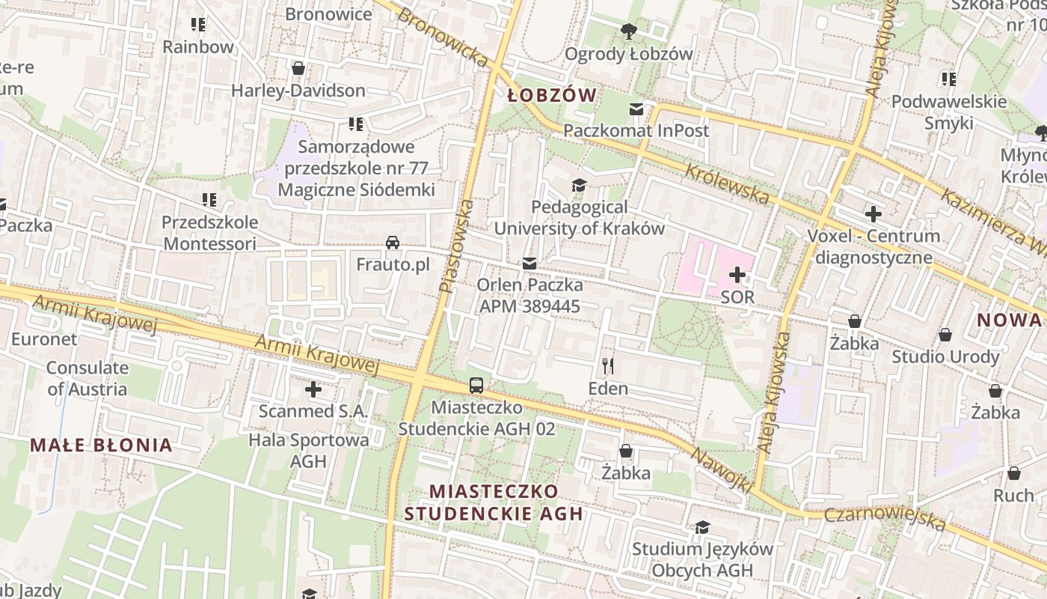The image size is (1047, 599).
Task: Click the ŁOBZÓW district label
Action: [552, 95]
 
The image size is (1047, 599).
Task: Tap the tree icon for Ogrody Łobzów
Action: [628, 31]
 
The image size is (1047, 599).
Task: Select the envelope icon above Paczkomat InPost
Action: [636, 109]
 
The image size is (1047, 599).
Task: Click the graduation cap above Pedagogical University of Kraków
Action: [578, 185]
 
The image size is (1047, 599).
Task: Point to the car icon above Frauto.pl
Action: [393, 243]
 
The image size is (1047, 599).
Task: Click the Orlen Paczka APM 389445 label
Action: [529, 295]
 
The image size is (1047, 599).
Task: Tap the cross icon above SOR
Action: [737, 275]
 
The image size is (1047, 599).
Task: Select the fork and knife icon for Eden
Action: [608, 366]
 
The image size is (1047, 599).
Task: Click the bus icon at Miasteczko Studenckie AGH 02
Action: [476, 386]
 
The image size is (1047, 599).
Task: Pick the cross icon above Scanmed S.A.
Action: [313, 389]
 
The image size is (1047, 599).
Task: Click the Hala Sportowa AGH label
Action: [309, 450]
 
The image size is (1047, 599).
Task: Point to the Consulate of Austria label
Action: [87, 378]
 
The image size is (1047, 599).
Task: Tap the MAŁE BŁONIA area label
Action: [101, 446]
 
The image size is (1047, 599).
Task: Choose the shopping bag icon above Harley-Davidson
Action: [298, 69]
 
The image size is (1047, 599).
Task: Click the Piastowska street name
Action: [456, 246]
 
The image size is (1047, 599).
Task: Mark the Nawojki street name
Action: [721, 470]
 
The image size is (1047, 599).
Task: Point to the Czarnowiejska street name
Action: [885, 519]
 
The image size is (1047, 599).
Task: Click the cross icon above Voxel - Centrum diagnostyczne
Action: [873, 215]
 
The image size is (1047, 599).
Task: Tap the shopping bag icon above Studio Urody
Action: [945, 335]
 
